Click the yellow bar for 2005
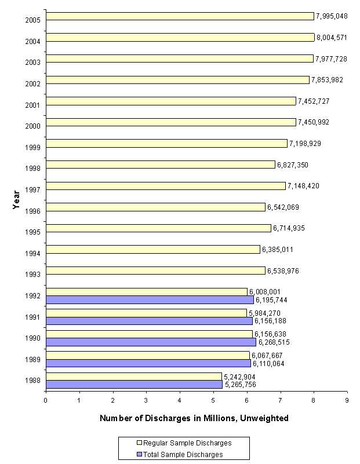pos(180,16)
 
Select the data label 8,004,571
pos(333,38)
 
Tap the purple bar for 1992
pos(150,300)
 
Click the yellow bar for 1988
pos(133,377)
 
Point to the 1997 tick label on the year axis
pos(32,190)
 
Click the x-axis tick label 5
pos(213,400)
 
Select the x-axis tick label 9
pos(347,400)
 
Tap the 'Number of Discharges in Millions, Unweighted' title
pos(194,418)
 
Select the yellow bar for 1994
pos(152,250)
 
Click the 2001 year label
pos(32,105)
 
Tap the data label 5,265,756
pos(241,385)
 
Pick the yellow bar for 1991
pos(146,313)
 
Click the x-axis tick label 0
pos(46,400)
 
